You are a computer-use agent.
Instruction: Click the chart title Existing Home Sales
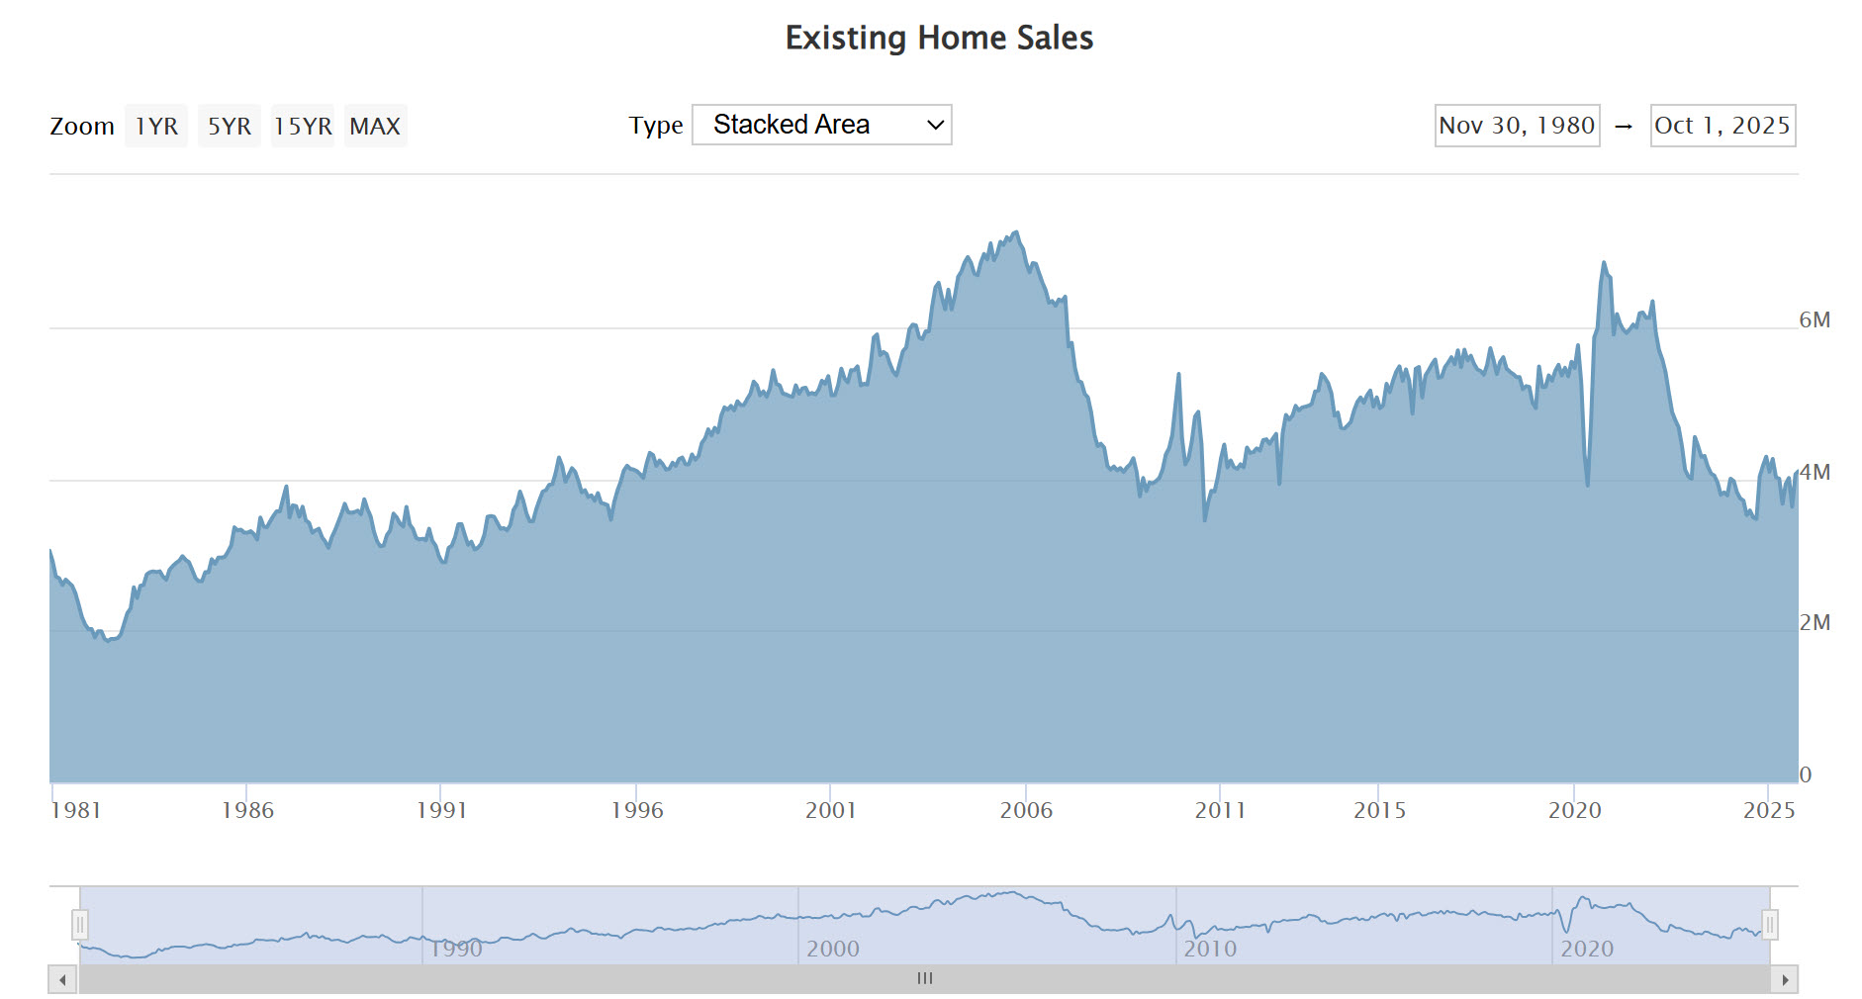click(939, 38)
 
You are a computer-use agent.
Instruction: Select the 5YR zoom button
click(229, 126)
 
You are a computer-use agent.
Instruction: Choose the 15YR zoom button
click(303, 126)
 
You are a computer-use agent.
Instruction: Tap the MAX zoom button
click(375, 126)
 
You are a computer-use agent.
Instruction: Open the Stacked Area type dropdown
click(821, 125)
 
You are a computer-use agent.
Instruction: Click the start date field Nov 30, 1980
click(1517, 126)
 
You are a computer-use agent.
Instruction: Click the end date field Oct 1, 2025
click(1722, 126)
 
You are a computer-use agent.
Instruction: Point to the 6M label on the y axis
click(1815, 319)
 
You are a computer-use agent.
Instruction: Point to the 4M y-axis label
click(1815, 472)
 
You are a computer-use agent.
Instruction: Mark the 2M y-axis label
click(1815, 622)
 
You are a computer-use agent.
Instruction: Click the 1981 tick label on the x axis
click(75, 810)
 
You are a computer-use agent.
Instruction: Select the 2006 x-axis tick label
click(1026, 810)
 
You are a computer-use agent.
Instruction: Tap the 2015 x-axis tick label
click(1379, 810)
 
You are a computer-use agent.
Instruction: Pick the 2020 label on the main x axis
click(1574, 810)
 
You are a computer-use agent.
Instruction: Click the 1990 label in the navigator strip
click(455, 949)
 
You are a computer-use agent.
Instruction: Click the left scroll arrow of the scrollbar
click(62, 979)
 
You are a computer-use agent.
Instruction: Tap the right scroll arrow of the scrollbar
click(1785, 979)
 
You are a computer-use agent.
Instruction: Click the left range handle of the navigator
click(80, 925)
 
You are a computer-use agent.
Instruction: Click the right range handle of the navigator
click(1770, 925)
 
